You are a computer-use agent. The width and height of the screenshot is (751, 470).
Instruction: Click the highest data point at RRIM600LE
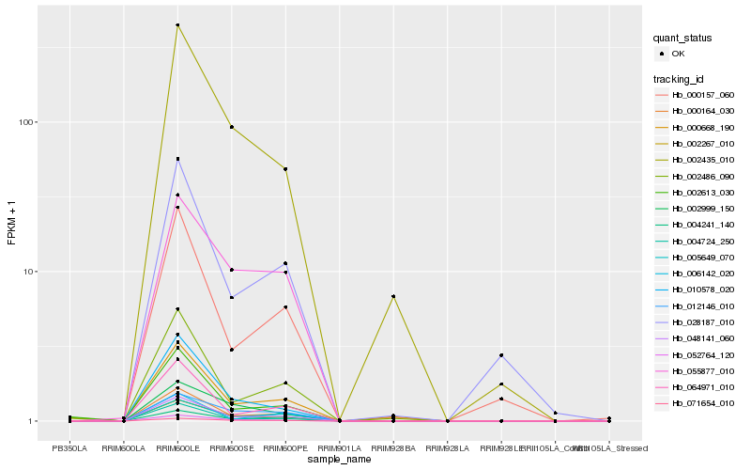pos(177,24)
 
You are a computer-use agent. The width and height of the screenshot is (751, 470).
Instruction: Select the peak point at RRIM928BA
pos(393,296)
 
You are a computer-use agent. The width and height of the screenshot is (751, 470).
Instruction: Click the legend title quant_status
pos(684,38)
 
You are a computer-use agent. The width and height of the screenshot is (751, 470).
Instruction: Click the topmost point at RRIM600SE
pos(232,127)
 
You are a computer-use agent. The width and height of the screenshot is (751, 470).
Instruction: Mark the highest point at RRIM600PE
pos(285,169)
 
